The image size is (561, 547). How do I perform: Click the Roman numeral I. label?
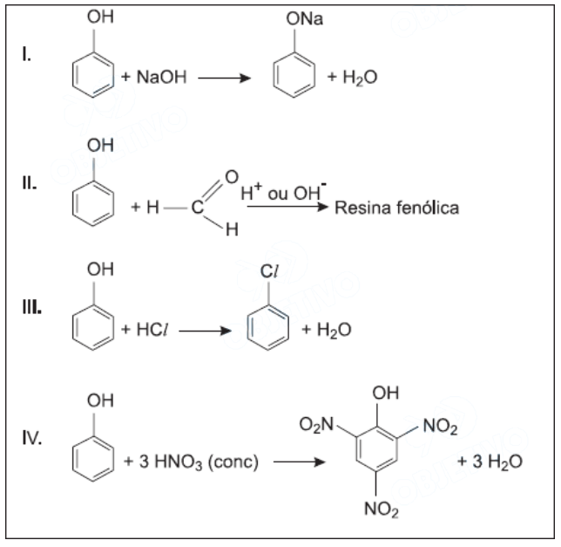[x=28, y=56]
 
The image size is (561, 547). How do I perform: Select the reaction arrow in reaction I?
[x=224, y=78]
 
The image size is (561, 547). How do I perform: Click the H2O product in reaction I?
[x=360, y=78]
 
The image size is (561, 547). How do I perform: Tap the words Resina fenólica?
[x=397, y=209]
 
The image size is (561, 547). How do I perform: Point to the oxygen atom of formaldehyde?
[x=231, y=178]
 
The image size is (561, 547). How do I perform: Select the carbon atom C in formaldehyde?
[x=199, y=209]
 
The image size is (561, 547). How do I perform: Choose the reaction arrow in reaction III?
[x=206, y=331]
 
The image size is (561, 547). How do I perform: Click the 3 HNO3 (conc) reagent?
[x=192, y=461]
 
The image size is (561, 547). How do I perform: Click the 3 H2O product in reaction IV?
[x=490, y=461]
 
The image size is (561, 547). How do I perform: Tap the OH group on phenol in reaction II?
[x=99, y=147]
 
